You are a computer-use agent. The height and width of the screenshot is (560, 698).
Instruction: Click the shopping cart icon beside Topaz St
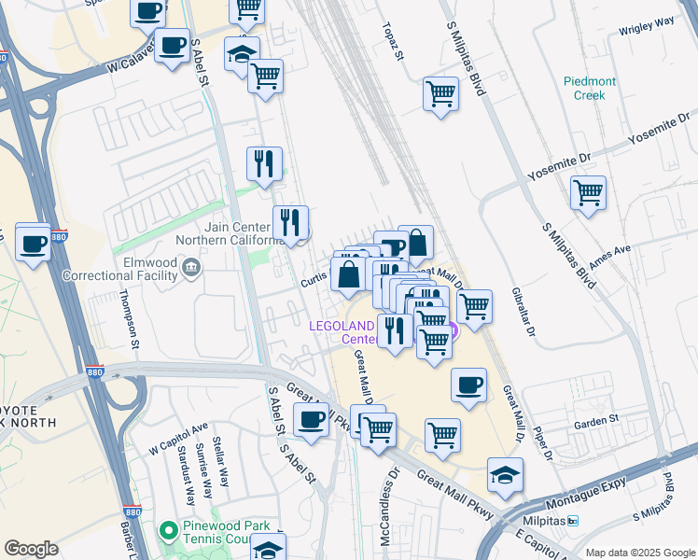[x=440, y=93]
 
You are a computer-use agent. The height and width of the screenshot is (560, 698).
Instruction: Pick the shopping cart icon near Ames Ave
[x=588, y=193]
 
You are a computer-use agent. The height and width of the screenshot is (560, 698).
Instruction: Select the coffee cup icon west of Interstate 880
[x=34, y=244]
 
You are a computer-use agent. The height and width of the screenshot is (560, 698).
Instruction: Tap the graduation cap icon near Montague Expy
[x=505, y=475]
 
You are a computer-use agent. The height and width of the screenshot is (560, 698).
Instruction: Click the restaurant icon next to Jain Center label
[x=291, y=222]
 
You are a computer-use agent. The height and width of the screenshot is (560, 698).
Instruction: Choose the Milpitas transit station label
[x=553, y=521]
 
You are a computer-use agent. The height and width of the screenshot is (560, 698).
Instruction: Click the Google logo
[x=32, y=549]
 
